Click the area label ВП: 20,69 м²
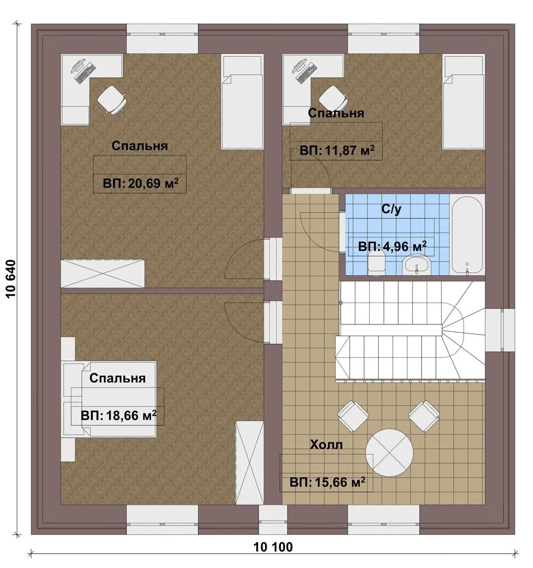click(141, 184)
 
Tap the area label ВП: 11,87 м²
click(337, 150)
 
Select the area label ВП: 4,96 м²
click(392, 247)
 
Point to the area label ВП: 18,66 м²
click(119, 415)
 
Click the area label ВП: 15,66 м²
click(327, 482)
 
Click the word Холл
click(326, 444)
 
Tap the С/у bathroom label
click(391, 209)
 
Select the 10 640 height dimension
click(11, 279)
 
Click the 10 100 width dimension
click(273, 547)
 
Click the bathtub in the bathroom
click(467, 235)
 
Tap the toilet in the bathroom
click(376, 262)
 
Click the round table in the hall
click(389, 453)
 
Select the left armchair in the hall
click(353, 416)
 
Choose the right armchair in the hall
click(424, 416)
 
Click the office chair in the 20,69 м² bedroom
click(112, 100)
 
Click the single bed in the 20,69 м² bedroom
click(242, 102)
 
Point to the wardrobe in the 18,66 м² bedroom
click(249, 463)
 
